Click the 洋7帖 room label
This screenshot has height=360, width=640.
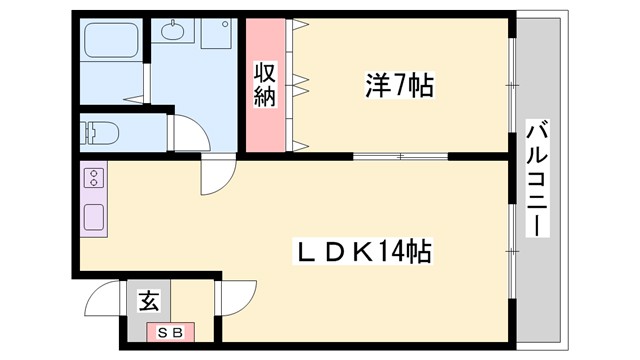click(398, 88)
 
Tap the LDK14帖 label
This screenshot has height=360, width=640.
click(362, 250)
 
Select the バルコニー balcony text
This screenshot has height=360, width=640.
click(537, 177)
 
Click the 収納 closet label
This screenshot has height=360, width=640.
click(265, 85)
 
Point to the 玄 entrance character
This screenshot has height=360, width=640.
click(148, 300)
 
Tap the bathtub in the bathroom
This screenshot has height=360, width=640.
click(111, 43)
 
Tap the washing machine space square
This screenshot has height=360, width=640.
click(215, 33)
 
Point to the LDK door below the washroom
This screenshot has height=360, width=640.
click(215, 176)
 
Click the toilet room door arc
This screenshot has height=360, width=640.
click(187, 130)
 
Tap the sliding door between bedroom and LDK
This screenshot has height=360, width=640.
click(400, 156)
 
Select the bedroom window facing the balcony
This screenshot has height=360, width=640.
click(512, 85)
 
